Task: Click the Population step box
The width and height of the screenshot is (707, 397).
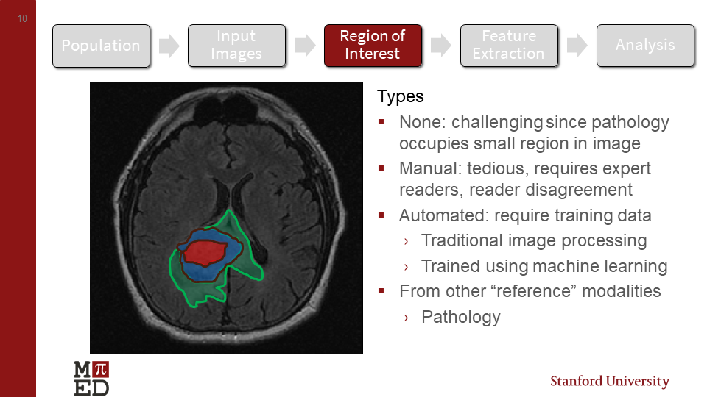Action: pos(101,46)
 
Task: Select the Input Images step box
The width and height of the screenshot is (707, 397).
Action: pos(236,46)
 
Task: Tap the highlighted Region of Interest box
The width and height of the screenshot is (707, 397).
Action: pos(373,46)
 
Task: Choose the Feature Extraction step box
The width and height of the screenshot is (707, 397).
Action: pos(508,46)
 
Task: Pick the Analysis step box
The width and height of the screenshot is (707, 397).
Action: pos(645,46)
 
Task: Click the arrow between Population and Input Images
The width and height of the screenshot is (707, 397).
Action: pos(169,46)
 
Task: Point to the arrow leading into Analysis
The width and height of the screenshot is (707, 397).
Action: pos(577,46)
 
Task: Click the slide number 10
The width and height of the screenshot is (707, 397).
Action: pos(22,18)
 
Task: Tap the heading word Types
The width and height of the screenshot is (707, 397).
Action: pos(400,96)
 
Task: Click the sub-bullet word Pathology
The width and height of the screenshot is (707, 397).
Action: pos(460,317)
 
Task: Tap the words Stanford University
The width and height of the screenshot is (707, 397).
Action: pos(610,382)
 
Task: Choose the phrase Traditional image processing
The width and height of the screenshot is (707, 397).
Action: pos(534,240)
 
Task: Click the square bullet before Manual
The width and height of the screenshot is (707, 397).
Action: pos(381,168)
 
